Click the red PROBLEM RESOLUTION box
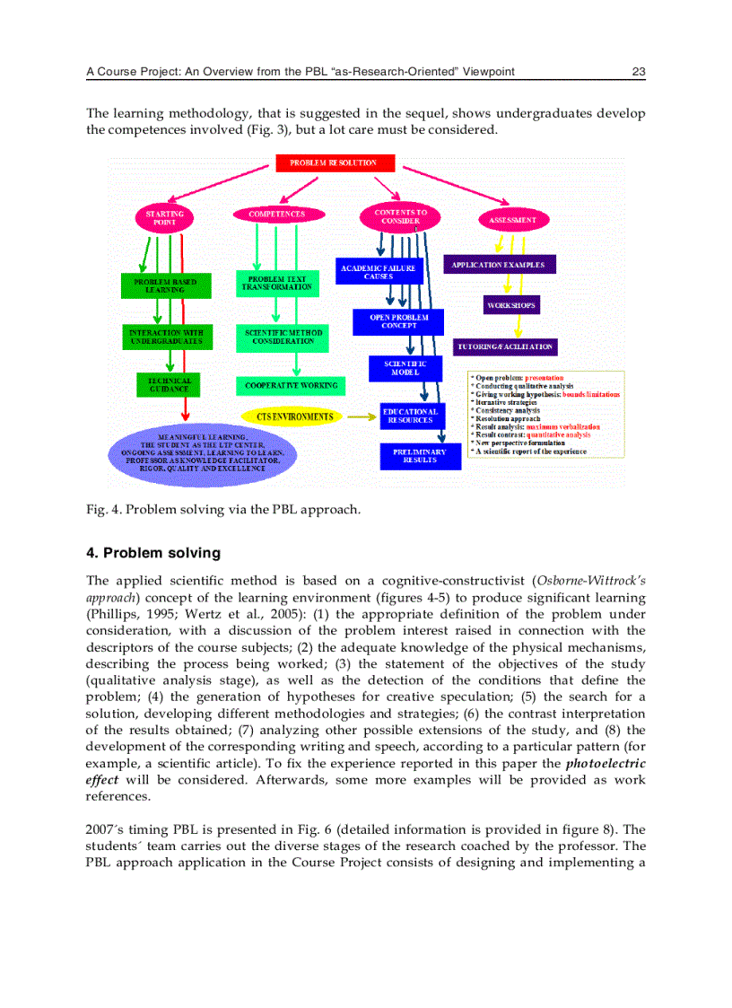point(333,163)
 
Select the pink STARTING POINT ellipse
point(164,218)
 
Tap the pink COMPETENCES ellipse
point(276,215)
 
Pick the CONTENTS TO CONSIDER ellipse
point(394,217)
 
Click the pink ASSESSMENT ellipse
point(513,220)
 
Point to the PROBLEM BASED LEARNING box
point(165,285)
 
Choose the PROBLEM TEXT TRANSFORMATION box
point(277,283)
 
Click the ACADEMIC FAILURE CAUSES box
point(379,271)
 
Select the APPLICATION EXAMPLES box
point(500,265)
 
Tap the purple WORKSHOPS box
point(511,305)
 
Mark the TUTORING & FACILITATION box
point(506,346)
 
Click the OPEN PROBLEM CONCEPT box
point(399,321)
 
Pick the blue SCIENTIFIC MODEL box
point(399,368)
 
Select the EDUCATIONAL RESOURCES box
point(410,416)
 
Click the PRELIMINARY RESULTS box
point(420,456)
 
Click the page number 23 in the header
point(639,72)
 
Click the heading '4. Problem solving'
point(152,553)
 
